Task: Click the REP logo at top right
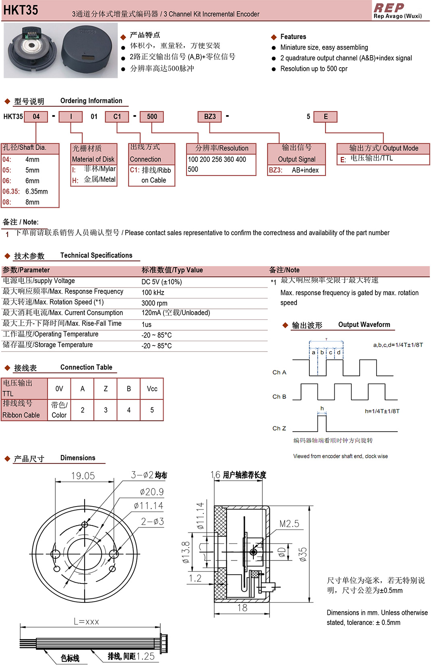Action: (389, 8)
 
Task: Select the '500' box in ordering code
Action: (152, 117)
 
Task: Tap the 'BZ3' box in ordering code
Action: (210, 117)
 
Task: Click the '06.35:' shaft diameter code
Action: (11, 192)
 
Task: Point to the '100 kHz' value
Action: (153, 293)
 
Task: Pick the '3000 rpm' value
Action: (154, 303)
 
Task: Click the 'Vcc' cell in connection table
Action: (152, 389)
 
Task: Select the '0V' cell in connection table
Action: (59, 389)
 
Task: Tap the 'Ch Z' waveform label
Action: (279, 428)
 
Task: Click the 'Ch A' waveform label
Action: (279, 372)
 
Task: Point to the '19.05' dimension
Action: (83, 476)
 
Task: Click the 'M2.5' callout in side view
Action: (289, 524)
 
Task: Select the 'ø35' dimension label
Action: (303, 554)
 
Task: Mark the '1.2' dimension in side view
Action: (195, 579)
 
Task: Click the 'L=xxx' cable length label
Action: (86, 622)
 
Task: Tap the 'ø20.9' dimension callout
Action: (151, 492)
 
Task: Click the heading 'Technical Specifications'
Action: (96, 255)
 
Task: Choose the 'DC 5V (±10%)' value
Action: (162, 282)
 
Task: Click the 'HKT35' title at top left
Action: (21, 10)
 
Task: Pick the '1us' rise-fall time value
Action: (147, 325)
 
